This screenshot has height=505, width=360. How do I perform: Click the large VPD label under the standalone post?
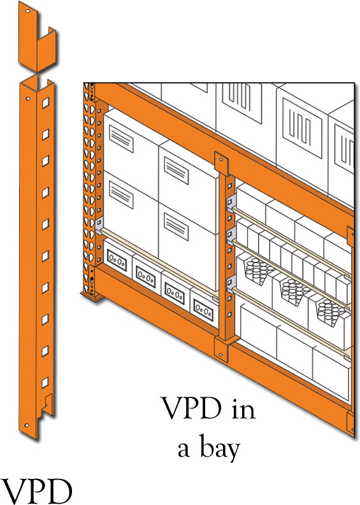coord(36,492)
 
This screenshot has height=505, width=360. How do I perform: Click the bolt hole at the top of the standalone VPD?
coord(27,11)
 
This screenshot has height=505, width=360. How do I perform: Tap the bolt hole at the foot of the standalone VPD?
coord(27,425)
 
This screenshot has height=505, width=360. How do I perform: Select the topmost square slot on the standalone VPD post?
coord(45,103)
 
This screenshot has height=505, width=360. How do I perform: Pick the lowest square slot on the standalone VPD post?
coord(45,382)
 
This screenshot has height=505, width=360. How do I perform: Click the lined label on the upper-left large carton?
coord(121,138)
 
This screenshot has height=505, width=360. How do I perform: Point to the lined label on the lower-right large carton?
coord(176,227)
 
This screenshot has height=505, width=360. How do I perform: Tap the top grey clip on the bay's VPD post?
coord(232,203)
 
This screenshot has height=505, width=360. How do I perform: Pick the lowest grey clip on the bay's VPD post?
coord(231,283)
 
